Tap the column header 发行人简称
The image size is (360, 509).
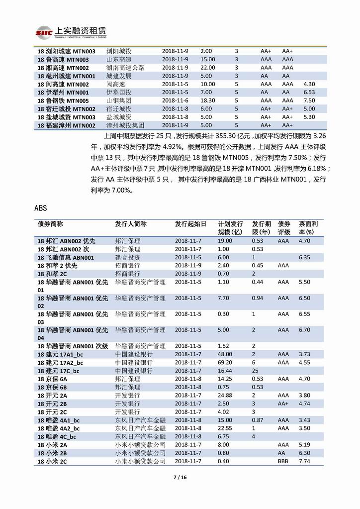tap(131, 224)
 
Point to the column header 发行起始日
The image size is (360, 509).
tap(190, 224)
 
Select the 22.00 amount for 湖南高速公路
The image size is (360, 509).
tap(207, 68)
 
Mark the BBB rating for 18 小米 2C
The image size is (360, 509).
tap(283, 462)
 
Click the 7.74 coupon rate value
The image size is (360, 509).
tap(304, 462)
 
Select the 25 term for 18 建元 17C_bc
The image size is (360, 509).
tap(255, 371)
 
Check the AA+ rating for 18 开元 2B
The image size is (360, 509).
tap(283, 404)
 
